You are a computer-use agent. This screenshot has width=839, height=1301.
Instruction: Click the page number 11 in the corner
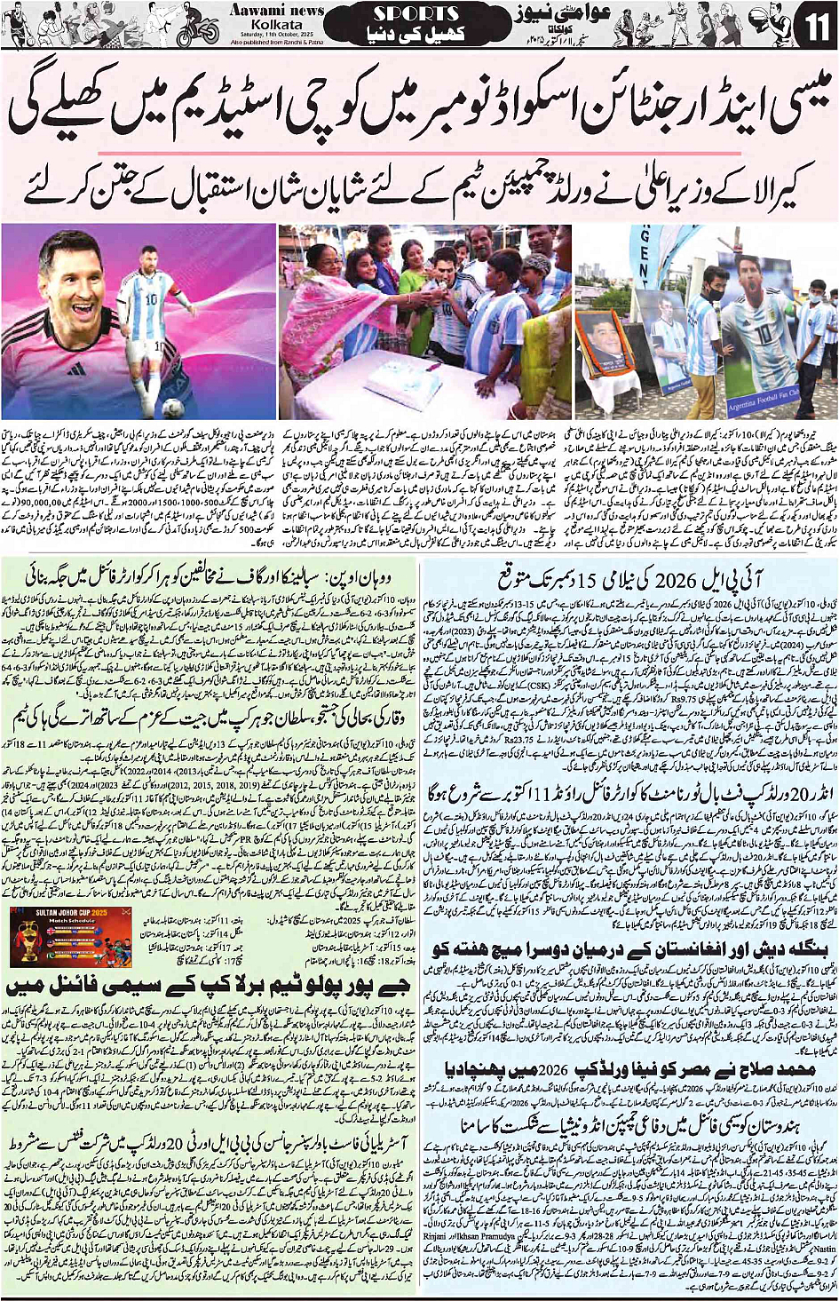(814, 27)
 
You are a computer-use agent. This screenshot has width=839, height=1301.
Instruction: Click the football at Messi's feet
(174, 408)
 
